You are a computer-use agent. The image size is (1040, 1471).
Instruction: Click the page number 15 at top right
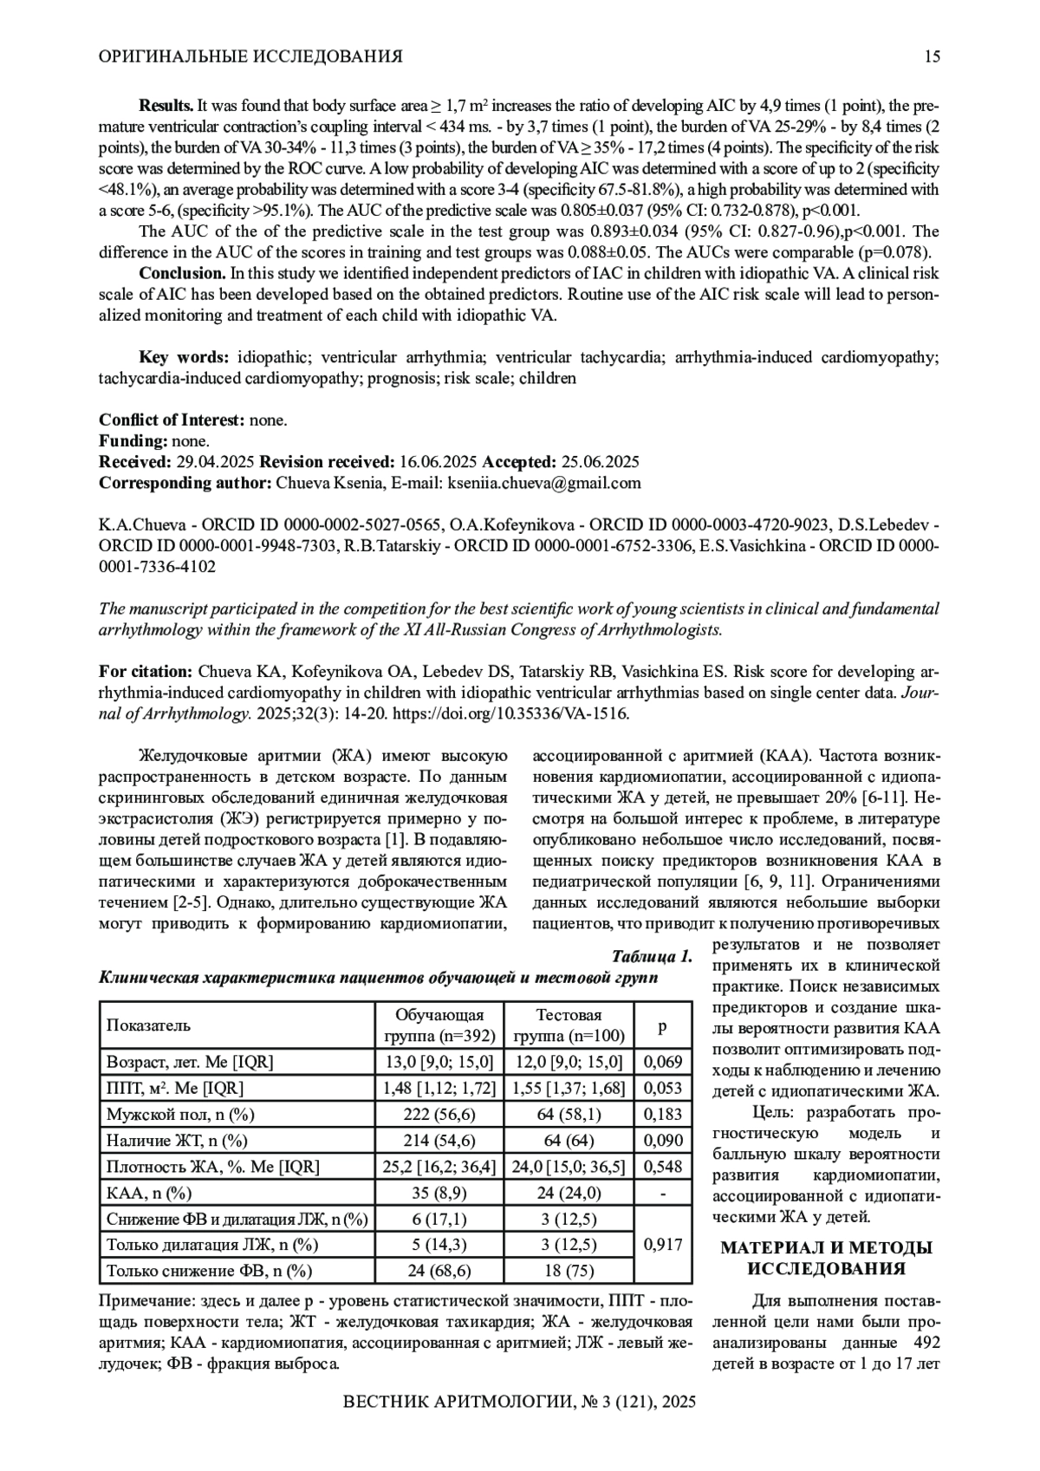[932, 57]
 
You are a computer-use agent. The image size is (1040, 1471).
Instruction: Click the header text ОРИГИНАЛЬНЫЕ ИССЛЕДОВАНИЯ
[250, 57]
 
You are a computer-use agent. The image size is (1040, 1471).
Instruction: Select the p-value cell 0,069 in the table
[663, 1062]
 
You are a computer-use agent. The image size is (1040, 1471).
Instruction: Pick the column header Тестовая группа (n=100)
[569, 1025]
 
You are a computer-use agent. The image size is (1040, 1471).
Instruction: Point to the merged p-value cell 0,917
[663, 1245]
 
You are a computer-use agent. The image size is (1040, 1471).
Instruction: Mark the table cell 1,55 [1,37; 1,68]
[569, 1088]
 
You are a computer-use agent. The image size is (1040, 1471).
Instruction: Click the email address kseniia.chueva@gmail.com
[543, 484]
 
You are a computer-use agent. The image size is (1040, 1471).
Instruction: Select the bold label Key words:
[185, 357]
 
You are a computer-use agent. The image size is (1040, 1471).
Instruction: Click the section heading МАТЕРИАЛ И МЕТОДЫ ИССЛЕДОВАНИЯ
[826, 1259]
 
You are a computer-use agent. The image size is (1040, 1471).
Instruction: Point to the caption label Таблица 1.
[652, 957]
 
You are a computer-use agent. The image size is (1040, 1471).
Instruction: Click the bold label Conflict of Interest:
[172, 420]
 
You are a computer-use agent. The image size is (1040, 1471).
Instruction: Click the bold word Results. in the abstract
[166, 106]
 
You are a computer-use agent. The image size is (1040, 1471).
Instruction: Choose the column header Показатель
[147, 1025]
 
